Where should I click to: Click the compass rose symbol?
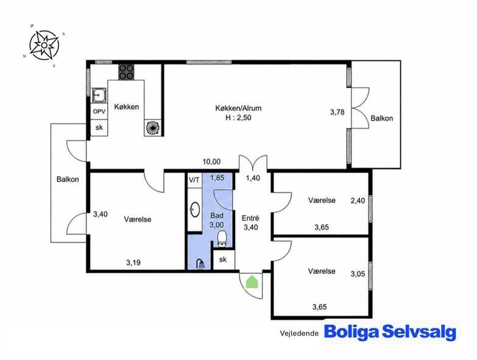(44, 45)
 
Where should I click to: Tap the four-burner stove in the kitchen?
(126, 72)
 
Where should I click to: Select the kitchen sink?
(99, 96)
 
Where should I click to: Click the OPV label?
(99, 111)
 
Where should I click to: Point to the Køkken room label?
(127, 107)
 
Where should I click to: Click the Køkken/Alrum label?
(238, 108)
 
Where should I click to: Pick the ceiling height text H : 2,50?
(239, 118)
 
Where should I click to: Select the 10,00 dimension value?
(212, 162)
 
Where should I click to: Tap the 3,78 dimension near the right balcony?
(337, 112)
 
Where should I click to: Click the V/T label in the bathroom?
(194, 180)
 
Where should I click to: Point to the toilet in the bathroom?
(222, 238)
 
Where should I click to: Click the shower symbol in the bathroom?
(200, 264)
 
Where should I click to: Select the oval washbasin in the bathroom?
(195, 210)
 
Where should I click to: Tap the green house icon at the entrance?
(252, 281)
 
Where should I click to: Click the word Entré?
(250, 218)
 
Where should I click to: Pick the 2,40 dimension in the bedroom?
(358, 200)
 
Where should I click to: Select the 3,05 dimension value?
(358, 274)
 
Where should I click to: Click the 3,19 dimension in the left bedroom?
(133, 263)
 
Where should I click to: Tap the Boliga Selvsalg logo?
(390, 332)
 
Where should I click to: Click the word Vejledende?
(299, 333)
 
